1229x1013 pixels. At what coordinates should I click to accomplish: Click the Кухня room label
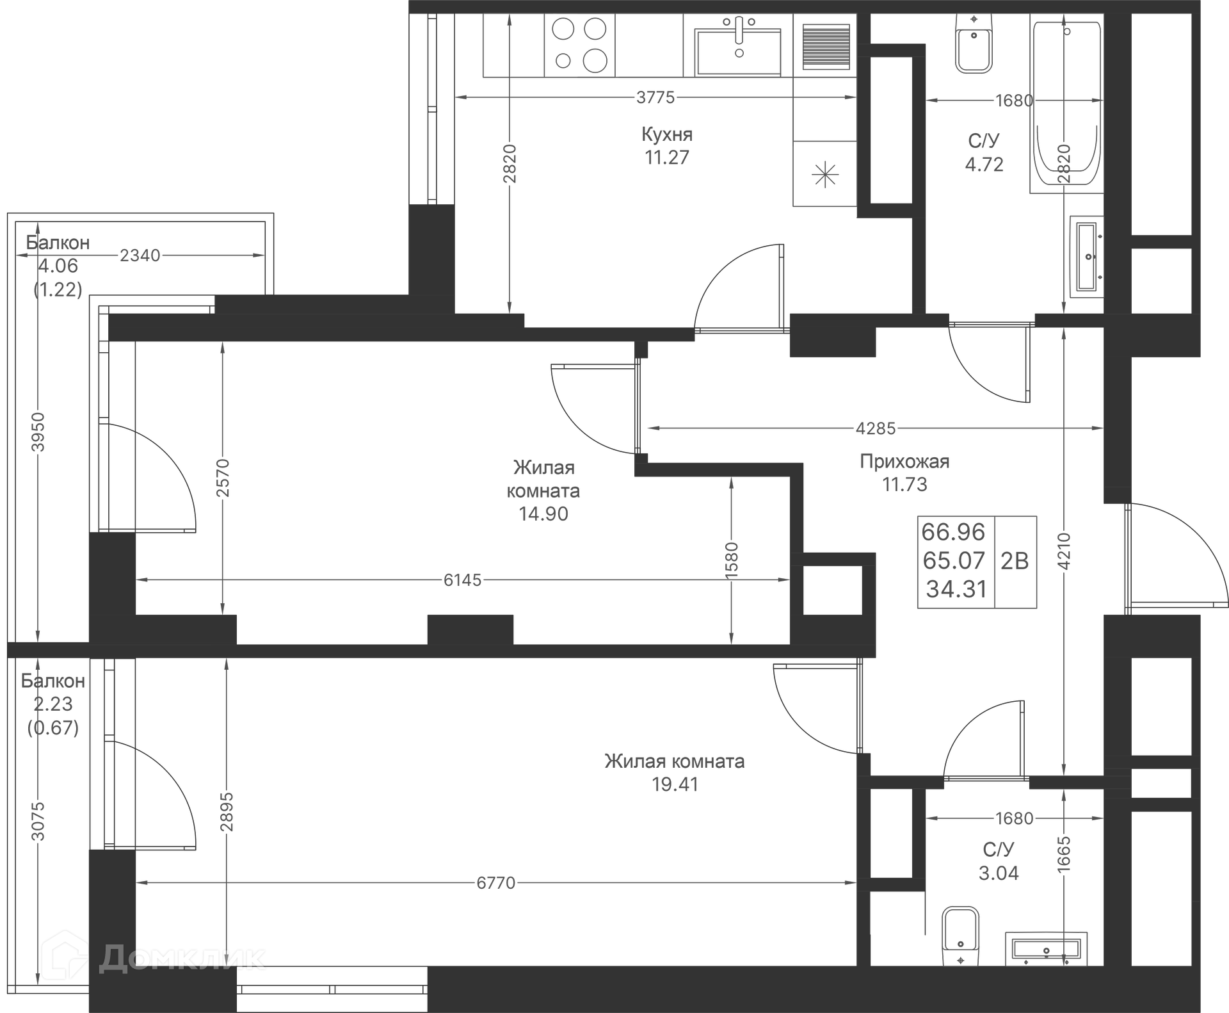coord(667,134)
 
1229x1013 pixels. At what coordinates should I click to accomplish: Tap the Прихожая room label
coord(904,461)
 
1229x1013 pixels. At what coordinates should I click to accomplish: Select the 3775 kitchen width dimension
coord(655,97)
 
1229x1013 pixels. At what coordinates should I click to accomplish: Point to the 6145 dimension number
coord(462,580)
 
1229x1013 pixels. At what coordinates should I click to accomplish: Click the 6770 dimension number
coord(496,883)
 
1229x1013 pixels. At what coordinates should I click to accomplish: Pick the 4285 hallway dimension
coord(876,428)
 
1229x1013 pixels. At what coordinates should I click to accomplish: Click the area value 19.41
coord(675,784)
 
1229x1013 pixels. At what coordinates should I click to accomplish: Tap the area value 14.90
coord(543,514)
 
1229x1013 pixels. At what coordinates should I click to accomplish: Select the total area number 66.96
coord(953,532)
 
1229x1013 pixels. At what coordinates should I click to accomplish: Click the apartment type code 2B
coord(1015,561)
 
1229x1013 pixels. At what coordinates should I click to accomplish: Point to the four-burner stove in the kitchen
coord(579,45)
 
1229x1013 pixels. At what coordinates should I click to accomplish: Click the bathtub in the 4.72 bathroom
coord(1066,106)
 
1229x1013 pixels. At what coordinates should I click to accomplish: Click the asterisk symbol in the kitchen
coord(824,174)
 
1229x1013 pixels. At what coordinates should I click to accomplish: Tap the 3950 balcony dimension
coord(38,432)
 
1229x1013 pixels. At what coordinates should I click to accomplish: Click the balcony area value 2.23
coord(53,704)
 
